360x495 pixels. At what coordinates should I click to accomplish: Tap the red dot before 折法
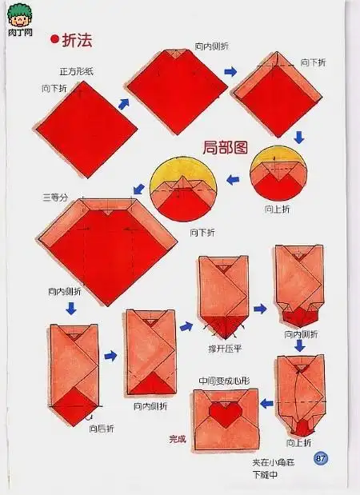54,38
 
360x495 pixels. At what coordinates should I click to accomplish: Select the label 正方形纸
76,71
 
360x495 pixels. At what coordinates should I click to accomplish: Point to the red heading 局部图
224,146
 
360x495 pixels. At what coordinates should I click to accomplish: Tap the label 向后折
103,429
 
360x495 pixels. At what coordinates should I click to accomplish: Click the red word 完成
177,438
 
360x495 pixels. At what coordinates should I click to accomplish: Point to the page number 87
321,458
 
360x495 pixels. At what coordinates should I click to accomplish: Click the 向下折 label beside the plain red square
54,88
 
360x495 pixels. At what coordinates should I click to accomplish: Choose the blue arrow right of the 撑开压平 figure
260,308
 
